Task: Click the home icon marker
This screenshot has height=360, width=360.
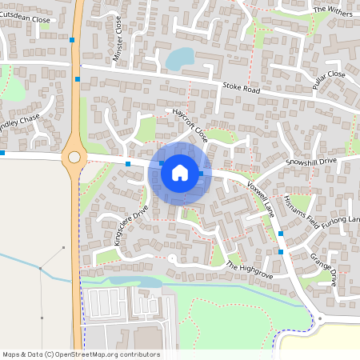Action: [x=180, y=171]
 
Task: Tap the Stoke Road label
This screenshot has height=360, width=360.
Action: [x=241, y=90]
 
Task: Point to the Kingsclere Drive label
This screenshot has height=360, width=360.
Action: [x=130, y=226]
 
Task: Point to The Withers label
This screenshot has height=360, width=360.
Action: [x=332, y=10]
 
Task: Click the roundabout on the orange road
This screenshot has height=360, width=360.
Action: [x=75, y=157]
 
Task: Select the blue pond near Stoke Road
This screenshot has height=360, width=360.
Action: [x=179, y=58]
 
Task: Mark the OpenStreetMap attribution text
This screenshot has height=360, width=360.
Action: [x=81, y=354]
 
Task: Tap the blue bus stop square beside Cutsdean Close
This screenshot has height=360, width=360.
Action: [x=72, y=39]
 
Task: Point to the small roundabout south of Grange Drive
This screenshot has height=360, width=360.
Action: [x=319, y=318]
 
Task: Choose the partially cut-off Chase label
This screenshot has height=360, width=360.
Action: [x=19, y=122]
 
